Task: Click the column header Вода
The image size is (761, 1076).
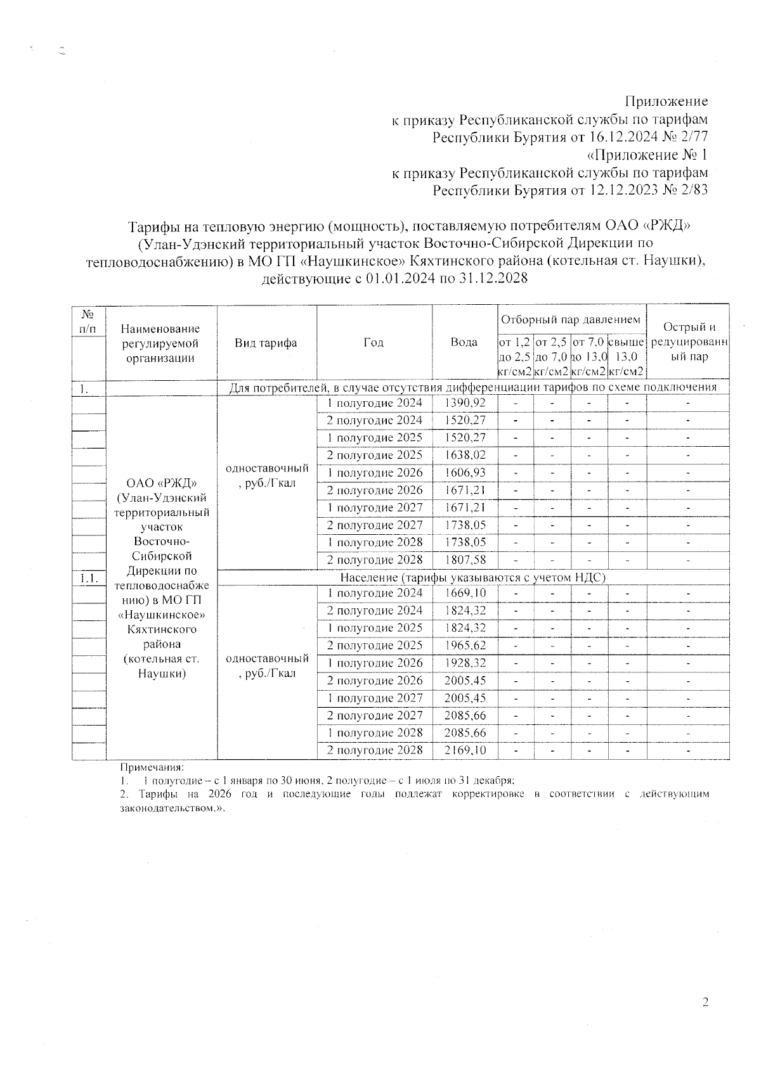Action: coord(464,342)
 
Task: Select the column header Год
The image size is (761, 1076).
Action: coord(374,342)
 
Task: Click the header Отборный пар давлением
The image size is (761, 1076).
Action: coord(571,319)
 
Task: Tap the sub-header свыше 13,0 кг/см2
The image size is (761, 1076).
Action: coord(627,357)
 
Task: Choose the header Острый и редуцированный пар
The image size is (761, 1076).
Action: coord(689,342)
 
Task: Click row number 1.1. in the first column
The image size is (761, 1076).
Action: coord(88,577)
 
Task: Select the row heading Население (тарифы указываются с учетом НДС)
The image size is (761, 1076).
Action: coord(473,577)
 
